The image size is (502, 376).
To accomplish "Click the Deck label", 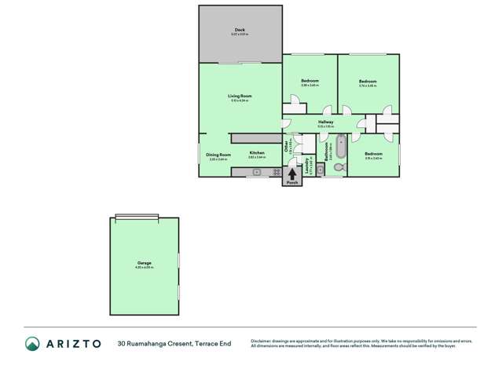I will (239, 30).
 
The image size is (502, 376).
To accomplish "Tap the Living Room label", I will (240, 96).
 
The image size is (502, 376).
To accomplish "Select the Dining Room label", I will (218, 155).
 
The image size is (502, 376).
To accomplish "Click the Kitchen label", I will (257, 152).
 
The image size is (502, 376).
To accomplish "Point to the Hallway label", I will (325, 122).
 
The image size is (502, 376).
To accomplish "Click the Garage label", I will (144, 263).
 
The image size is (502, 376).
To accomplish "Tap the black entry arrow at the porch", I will (292, 173).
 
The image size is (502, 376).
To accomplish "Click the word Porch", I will (292, 183).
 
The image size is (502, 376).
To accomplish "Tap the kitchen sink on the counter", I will (256, 172).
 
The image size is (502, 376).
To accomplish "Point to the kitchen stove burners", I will (277, 172).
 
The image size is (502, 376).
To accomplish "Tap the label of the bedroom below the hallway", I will (374, 153).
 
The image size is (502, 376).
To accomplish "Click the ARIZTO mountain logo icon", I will (32, 343).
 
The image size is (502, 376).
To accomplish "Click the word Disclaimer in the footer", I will (263, 340).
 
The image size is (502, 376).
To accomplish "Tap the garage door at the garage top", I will (137, 217).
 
